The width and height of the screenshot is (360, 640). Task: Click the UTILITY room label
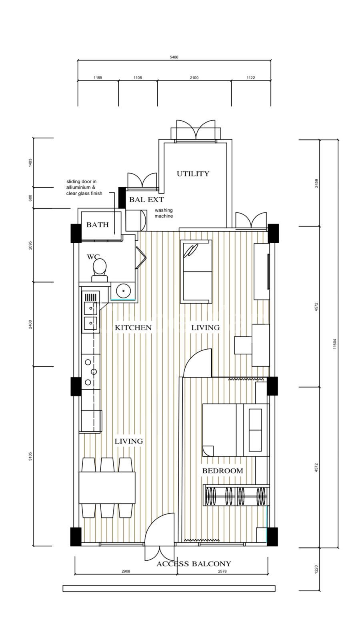pyautogui.click(x=193, y=174)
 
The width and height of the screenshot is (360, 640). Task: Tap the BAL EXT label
pyautogui.click(x=146, y=200)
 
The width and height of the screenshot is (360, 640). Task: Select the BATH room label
pyautogui.click(x=98, y=225)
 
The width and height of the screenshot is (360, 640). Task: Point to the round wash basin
pyautogui.click(x=124, y=291)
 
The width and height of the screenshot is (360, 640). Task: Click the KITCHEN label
pyautogui.click(x=133, y=328)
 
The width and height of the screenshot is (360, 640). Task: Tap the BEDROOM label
pyautogui.click(x=222, y=470)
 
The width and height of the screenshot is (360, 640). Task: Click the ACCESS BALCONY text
pyautogui.click(x=194, y=564)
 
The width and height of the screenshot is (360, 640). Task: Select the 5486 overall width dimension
pyautogui.click(x=174, y=57)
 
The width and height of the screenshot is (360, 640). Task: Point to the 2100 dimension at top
pyautogui.click(x=194, y=78)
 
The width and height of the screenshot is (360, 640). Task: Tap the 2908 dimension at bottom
pyautogui.click(x=126, y=572)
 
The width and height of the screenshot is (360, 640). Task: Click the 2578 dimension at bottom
pyautogui.click(x=222, y=572)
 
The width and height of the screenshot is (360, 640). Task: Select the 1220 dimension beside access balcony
pyautogui.click(x=316, y=569)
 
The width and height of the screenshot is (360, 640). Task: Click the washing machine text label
pyautogui.click(x=164, y=213)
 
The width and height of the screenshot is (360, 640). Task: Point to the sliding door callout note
pyautogui.click(x=84, y=188)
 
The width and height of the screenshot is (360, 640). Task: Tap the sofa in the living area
pyautogui.click(x=196, y=272)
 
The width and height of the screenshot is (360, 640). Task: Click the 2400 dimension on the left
pyautogui.click(x=30, y=324)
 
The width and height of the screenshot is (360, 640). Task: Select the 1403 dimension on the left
pyautogui.click(x=30, y=163)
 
